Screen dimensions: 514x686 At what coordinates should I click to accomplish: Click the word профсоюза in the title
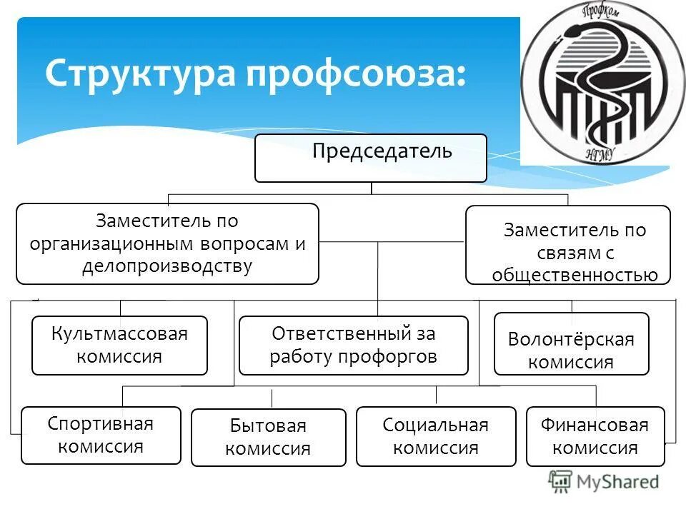(357, 74)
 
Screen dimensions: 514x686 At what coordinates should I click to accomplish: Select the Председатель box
(371, 158)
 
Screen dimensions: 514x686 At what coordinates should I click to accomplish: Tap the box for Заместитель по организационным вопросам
(167, 244)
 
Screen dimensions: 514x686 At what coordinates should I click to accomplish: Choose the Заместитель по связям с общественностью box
(568, 245)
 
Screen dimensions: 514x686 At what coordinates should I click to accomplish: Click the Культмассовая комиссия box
(119, 346)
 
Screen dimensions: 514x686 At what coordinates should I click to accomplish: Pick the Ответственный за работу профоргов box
(353, 346)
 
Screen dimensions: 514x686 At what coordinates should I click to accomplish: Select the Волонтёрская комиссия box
(571, 344)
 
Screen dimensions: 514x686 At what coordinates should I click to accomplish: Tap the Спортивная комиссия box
(101, 435)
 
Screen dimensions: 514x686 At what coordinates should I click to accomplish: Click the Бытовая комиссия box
(268, 438)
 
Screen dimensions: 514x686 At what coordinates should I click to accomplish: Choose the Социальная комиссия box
(435, 436)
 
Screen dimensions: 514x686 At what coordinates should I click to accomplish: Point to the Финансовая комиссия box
(595, 436)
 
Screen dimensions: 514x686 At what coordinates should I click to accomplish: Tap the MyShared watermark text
(619, 482)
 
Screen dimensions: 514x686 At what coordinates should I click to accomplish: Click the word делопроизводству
(167, 266)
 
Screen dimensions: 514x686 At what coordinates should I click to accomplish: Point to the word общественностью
(575, 275)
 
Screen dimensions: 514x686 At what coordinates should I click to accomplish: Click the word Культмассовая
(119, 334)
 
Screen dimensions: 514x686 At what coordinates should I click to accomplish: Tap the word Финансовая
(595, 426)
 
